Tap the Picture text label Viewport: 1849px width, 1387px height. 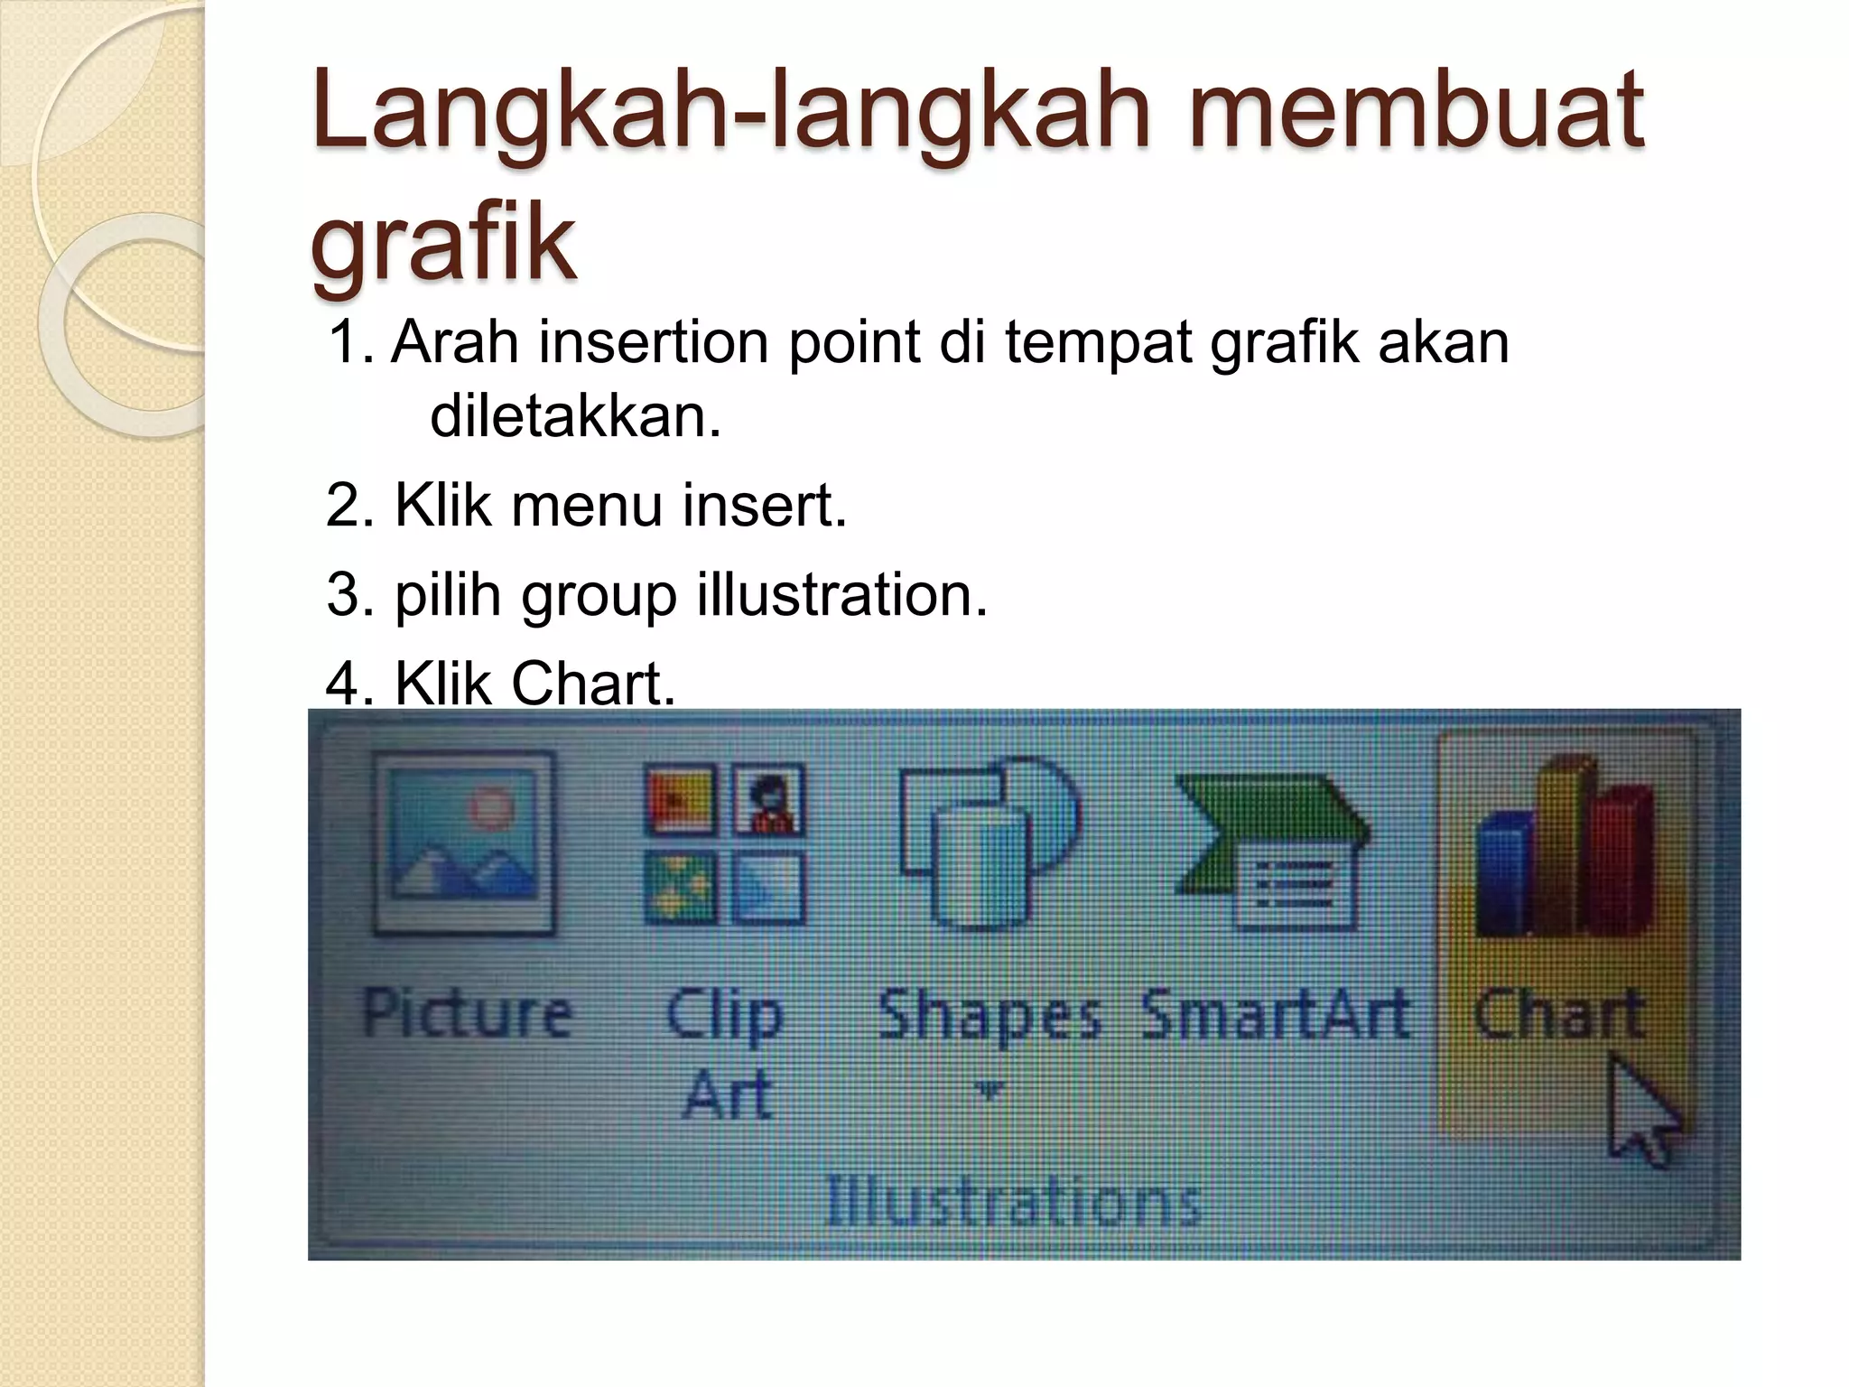[x=466, y=1013]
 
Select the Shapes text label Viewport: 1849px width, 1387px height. [x=990, y=1015]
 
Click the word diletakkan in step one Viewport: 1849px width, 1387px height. [x=575, y=417]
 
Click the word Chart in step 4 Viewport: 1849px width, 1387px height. [x=592, y=684]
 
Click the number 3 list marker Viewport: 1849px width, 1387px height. [x=344, y=596]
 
